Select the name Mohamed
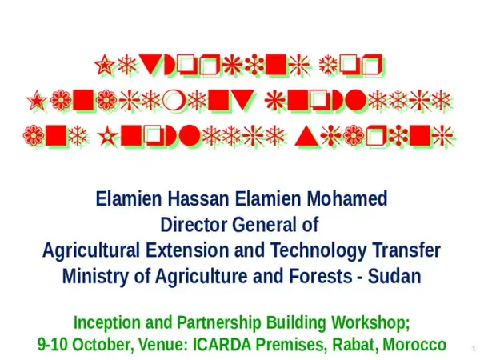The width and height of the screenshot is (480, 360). [x=347, y=198]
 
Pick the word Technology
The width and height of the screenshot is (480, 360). [x=308, y=250]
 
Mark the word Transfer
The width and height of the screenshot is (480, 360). [x=404, y=250]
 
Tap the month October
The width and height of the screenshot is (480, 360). [x=107, y=346]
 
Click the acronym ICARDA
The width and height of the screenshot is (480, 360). [x=227, y=346]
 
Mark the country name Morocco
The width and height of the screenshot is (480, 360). [x=414, y=346]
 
